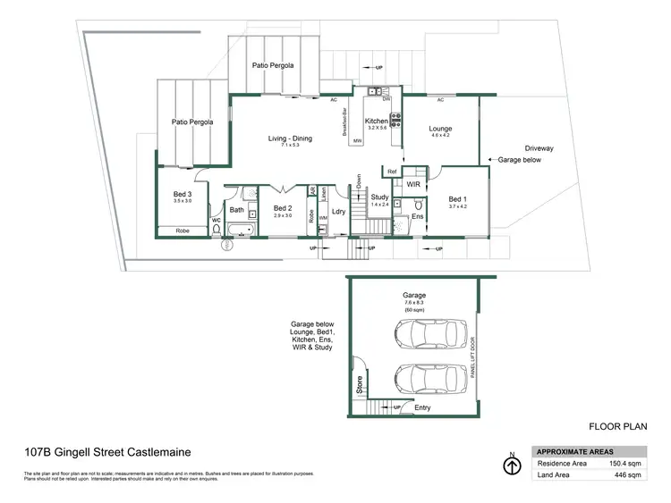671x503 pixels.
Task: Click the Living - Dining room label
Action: coord(289,138)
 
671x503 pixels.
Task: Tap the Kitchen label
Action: coord(376,121)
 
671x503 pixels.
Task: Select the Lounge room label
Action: coord(440,129)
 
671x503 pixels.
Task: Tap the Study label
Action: coord(379,197)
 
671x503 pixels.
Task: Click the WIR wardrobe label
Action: coord(413,183)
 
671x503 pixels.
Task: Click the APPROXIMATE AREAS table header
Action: coord(571,451)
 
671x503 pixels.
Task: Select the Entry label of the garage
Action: coord(422,408)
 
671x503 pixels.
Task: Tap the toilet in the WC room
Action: coord(217,228)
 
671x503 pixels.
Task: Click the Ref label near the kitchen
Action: coord(392,171)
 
